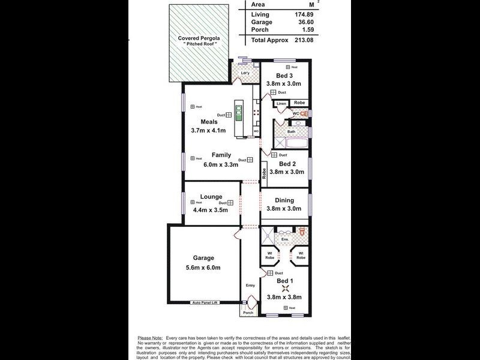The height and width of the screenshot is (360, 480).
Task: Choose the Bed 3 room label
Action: [x=284, y=75]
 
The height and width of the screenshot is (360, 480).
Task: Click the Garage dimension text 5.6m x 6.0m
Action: [x=199, y=268]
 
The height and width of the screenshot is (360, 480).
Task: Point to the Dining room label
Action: [x=284, y=200]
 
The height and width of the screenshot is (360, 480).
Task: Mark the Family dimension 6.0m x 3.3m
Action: [x=220, y=164]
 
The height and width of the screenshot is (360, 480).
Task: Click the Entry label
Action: [x=250, y=286]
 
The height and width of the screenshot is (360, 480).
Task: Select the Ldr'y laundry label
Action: [x=245, y=74]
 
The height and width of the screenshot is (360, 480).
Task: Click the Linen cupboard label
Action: [x=281, y=104]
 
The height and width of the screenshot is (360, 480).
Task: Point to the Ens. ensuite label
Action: [x=285, y=240]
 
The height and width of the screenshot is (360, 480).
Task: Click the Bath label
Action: [x=291, y=131]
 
